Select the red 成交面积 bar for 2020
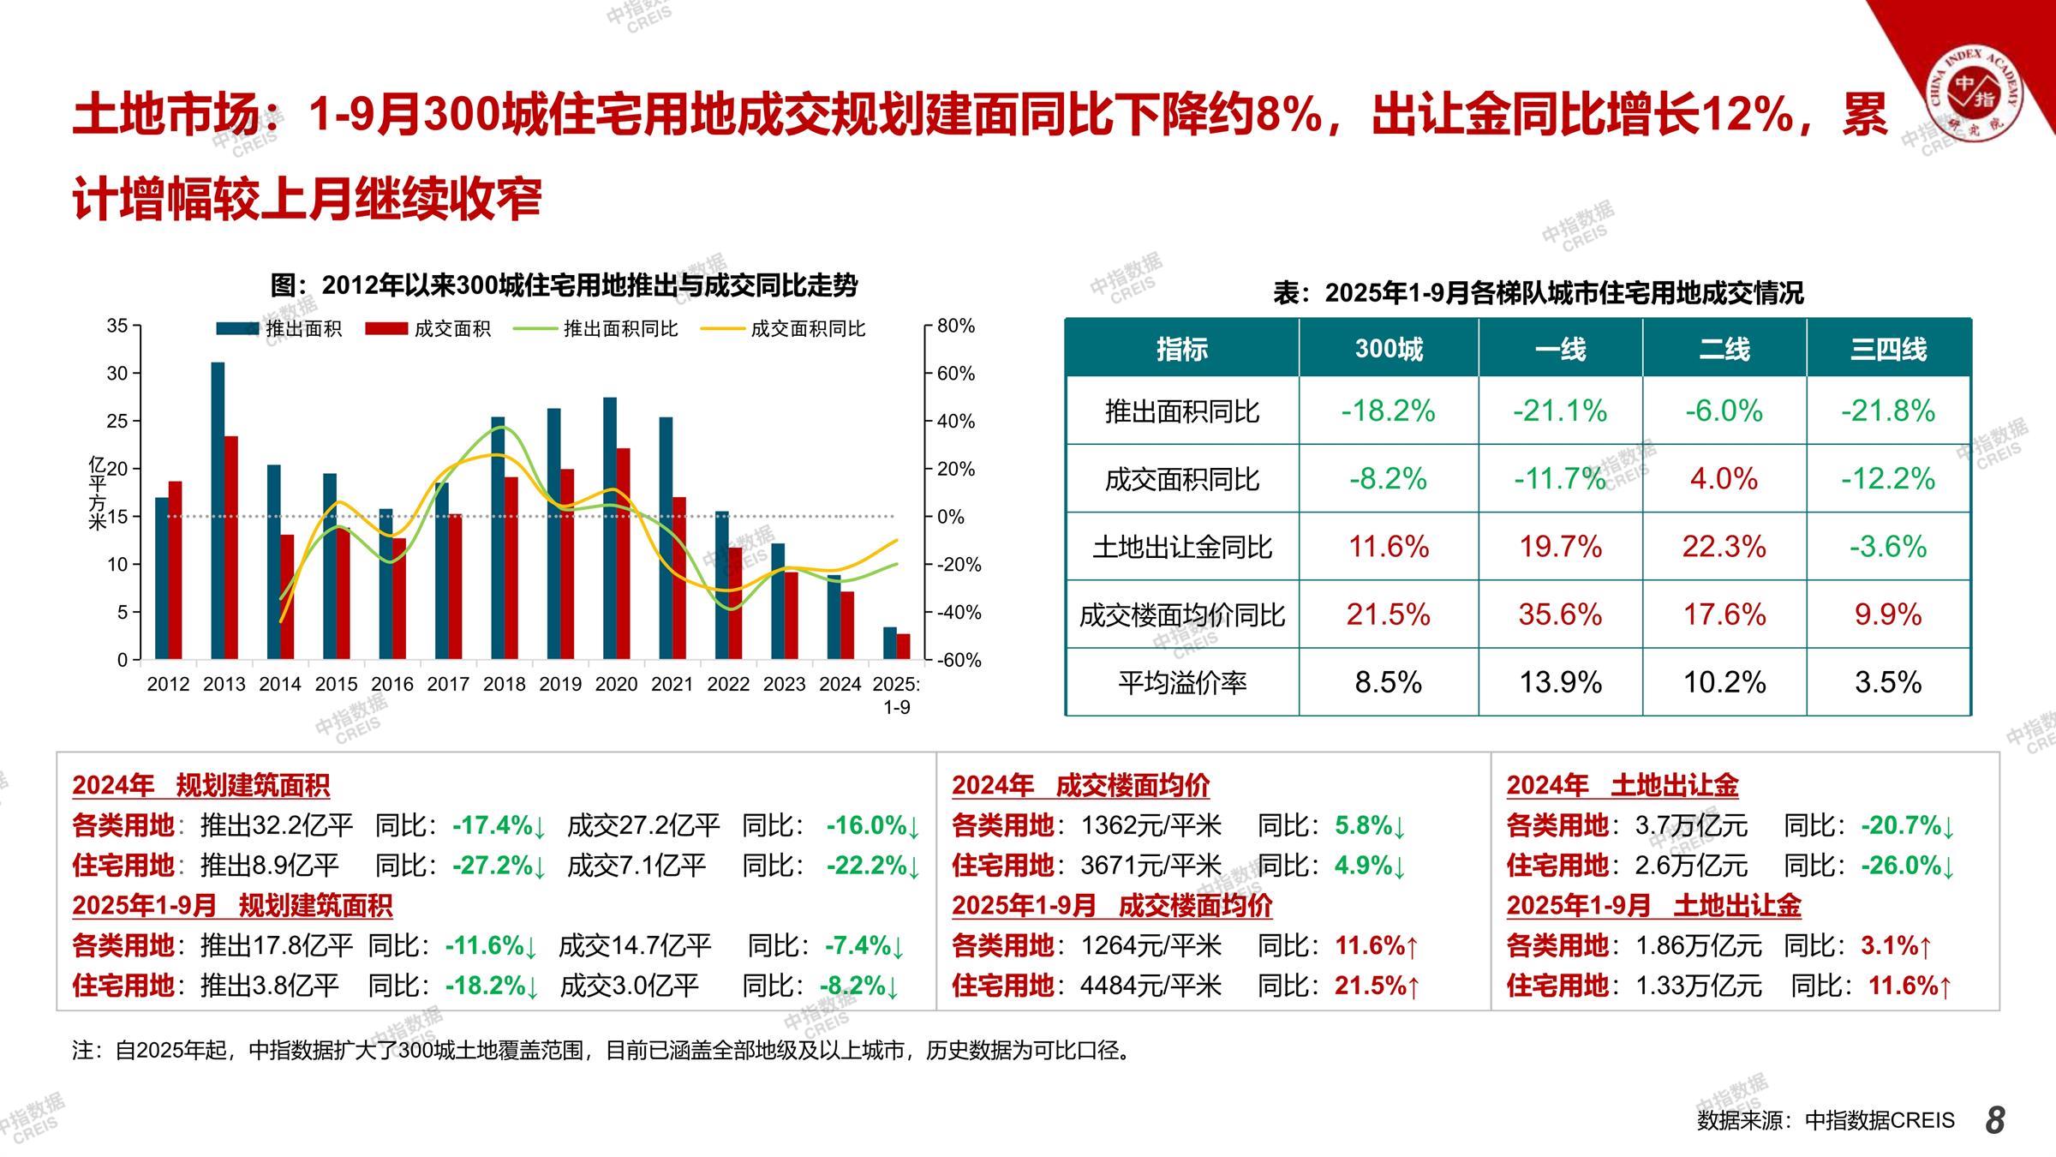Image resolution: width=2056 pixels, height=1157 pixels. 623,554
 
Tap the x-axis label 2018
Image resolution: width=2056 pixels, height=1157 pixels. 504,684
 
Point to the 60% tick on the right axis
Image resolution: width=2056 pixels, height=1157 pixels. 955,374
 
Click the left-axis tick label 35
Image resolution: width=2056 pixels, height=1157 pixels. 117,326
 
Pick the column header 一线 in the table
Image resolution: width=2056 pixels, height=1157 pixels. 1560,349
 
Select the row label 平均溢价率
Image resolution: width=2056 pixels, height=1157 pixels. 1181,682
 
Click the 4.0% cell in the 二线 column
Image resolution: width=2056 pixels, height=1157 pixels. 1724,478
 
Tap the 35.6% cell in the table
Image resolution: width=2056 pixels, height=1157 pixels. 1560,614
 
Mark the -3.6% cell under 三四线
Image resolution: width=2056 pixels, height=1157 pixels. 1888,546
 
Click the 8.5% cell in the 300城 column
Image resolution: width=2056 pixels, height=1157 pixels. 1388,682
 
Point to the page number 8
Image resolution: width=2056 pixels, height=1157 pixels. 1995,1120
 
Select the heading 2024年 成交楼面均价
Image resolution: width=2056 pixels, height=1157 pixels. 1080,785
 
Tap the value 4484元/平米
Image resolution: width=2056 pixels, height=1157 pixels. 1151,986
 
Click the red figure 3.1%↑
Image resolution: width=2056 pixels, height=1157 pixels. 1896,946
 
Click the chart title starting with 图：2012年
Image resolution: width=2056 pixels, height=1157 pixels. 564,285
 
